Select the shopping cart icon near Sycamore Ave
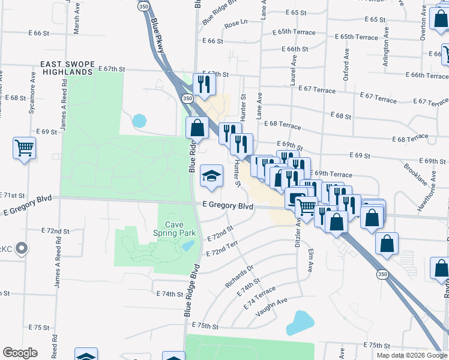[x=24, y=148]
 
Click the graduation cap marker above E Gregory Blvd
[x=211, y=176]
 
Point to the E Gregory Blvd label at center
[x=228, y=206]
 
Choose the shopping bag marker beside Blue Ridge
[x=197, y=128]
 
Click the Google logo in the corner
[x=20, y=353]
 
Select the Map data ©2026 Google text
[x=412, y=355]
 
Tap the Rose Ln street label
[x=236, y=25]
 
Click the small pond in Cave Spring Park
[x=188, y=245]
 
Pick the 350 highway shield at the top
[x=143, y=5]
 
